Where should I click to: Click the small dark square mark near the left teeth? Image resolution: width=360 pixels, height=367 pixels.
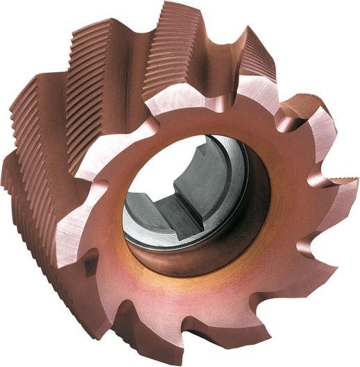click(x=89, y=264)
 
